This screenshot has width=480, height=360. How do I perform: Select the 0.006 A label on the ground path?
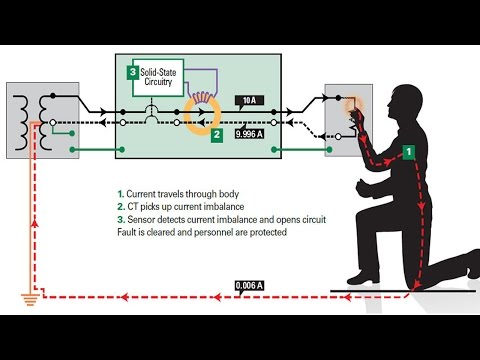click(x=248, y=286)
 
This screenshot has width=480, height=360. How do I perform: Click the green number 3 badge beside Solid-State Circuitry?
click(x=132, y=72)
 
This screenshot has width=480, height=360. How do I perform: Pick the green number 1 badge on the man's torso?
click(x=408, y=150)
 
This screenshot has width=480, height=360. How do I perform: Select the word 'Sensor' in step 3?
click(x=148, y=218)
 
